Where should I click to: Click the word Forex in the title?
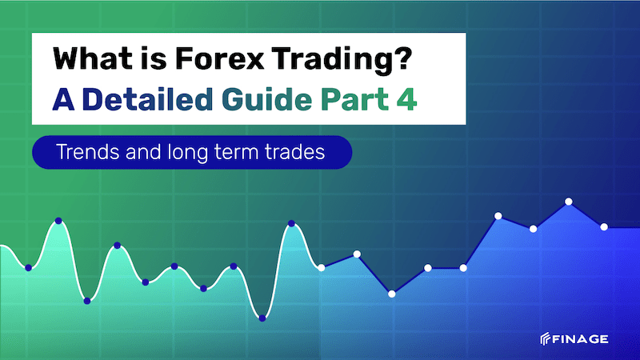221,58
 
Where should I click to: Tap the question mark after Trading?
404,58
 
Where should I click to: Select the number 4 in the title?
406,99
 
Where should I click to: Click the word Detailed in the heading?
147,99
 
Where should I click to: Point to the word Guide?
267,99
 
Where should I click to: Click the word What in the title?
93,58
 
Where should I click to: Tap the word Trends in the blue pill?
88,152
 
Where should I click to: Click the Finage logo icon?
546,338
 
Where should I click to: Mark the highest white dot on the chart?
569,202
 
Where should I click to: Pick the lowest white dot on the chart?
392,294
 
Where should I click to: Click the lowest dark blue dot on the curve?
262,318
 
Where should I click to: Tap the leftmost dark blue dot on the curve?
28,268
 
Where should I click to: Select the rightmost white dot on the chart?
604,227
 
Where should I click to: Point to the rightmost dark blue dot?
291,223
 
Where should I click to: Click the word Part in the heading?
354,100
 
